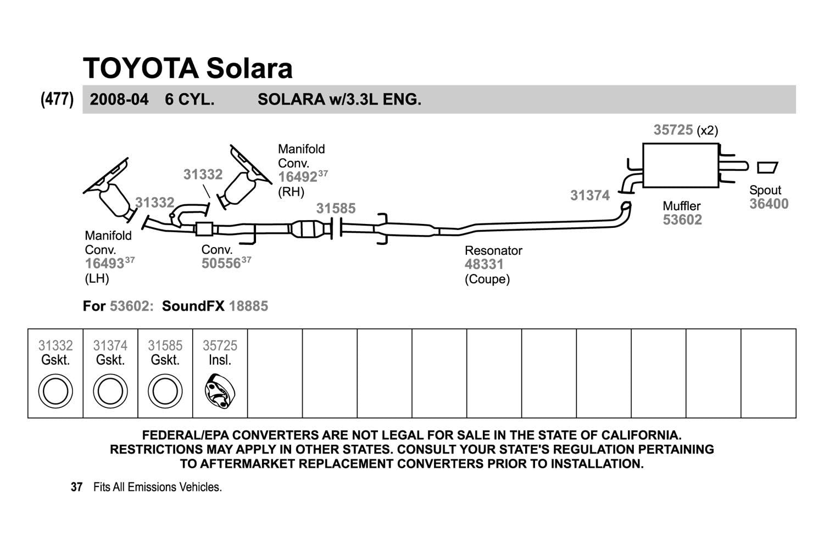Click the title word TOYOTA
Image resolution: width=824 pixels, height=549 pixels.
tap(140, 68)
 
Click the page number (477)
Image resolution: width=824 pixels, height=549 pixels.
tap(57, 99)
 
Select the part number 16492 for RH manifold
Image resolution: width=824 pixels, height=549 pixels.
tap(298, 177)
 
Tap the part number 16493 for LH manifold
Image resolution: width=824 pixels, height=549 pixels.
tap(104, 264)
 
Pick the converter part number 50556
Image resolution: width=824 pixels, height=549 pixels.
tap(221, 264)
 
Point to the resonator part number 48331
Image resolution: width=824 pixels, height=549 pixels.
tap(484, 264)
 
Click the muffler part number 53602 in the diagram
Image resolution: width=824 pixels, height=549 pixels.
tap(682, 220)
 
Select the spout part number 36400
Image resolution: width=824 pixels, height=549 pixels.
tap(769, 204)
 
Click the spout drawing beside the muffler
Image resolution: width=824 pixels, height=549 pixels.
tap(767, 167)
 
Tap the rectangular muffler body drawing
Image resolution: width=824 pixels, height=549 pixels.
tap(680, 165)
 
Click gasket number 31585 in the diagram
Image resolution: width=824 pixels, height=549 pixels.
tap(336, 209)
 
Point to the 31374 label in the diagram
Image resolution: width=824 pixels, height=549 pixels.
tap(590, 195)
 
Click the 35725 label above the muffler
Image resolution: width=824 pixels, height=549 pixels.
tap(673, 130)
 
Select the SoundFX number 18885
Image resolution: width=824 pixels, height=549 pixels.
tap(248, 306)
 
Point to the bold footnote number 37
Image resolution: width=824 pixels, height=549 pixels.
tap(76, 487)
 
